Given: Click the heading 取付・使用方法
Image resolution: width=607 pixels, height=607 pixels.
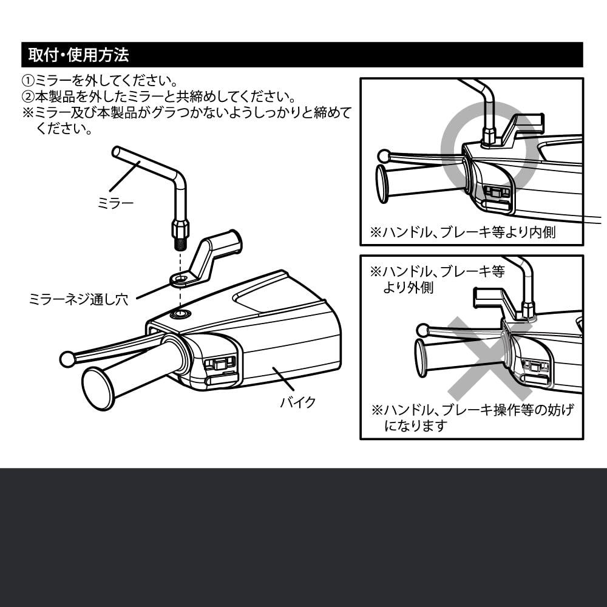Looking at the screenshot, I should pos(78,55).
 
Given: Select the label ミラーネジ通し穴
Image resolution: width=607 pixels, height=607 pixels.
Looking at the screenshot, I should pos(78,299).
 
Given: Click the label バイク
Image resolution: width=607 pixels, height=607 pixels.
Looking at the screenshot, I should pos(298,402).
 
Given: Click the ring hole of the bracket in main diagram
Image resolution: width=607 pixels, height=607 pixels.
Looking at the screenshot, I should pos(180,280).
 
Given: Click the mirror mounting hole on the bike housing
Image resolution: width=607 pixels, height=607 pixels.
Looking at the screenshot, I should pos(180,314).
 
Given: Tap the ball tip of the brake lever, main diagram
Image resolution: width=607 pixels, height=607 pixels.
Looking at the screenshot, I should pos(67,359).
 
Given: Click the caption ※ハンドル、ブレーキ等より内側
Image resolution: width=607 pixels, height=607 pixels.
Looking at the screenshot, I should pos(462,232).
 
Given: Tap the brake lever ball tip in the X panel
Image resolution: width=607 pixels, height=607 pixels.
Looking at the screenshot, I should pos(423,330).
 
